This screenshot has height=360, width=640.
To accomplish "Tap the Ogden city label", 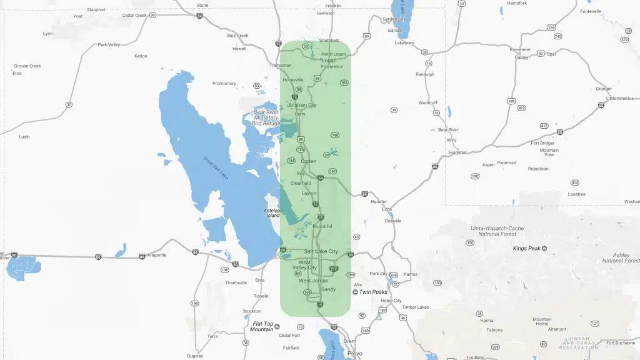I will pos(309,161).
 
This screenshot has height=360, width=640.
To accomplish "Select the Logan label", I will pos(328,61).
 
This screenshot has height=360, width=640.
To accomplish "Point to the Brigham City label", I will pos(302,105).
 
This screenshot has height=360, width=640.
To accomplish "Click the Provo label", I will pos(354,353).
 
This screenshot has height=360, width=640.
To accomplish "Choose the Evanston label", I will pos(457,152).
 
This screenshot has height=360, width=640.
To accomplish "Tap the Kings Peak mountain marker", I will pos(544,249).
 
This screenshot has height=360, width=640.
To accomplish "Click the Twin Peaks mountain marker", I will pos(356,292).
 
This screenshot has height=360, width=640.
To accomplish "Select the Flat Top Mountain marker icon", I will pos(277,326).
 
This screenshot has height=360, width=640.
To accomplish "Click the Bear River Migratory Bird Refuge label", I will pos(266,117).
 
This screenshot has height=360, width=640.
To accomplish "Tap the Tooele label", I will pos(261,296).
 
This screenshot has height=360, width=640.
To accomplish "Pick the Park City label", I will pos(379,274).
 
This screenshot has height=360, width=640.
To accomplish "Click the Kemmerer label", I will pos(520,49).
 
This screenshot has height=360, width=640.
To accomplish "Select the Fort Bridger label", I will pos(542,142).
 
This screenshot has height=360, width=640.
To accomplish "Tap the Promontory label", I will pos(224,84).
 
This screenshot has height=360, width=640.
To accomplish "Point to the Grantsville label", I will pos(236,282).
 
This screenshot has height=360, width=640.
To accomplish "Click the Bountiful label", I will pos(322,226).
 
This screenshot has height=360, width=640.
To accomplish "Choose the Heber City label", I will pos(391,301).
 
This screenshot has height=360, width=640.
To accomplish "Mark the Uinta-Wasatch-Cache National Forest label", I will pos(497,231).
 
